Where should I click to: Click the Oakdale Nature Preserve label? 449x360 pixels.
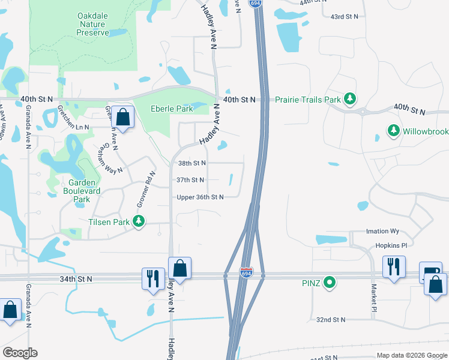tap(93, 24)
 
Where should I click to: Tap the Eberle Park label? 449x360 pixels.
tap(172, 109)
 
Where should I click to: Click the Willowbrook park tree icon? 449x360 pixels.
tap(393, 130)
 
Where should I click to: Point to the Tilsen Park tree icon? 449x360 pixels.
tap(139, 222)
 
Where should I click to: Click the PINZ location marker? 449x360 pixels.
tap(329, 281)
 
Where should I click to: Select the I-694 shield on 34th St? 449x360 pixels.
tap(246, 272)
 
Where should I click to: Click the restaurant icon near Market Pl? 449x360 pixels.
tap(394, 266)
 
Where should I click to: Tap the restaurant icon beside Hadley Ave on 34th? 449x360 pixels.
tap(153, 278)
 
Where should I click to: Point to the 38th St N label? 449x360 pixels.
tap(192, 163)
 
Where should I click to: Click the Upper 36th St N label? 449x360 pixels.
tap(200, 197)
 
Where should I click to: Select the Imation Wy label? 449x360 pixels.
tap(382, 231)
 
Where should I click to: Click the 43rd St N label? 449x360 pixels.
tap(345, 16)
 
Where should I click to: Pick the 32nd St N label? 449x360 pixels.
tap(331, 320)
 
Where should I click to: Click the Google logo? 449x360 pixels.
tap(19, 353)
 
